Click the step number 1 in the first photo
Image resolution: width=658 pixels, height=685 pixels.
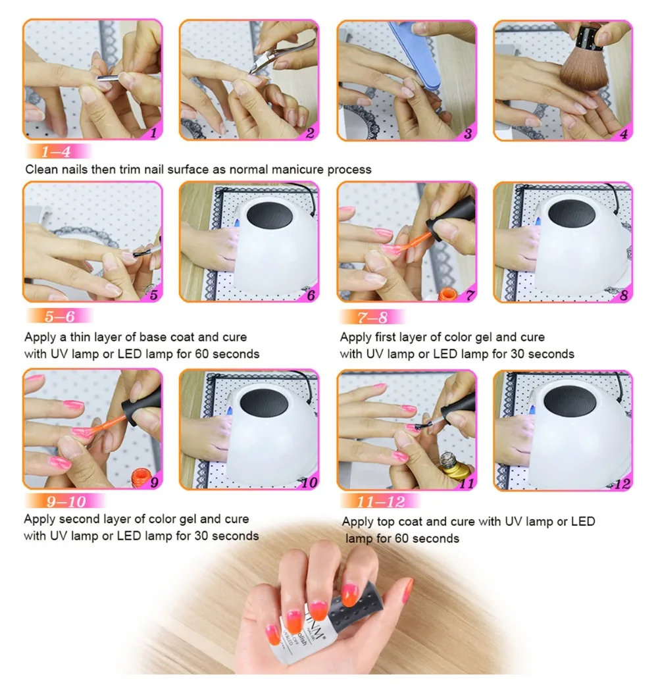153,132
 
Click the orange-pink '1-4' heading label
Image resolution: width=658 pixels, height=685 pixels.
57,151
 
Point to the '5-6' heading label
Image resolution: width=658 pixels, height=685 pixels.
60,316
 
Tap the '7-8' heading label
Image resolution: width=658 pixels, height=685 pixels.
372,317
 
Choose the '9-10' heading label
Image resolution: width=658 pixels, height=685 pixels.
66,501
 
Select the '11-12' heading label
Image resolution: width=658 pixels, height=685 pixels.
381,501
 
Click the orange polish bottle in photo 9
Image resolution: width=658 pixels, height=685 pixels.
140,478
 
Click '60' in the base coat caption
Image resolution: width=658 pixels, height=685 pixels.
201,353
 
